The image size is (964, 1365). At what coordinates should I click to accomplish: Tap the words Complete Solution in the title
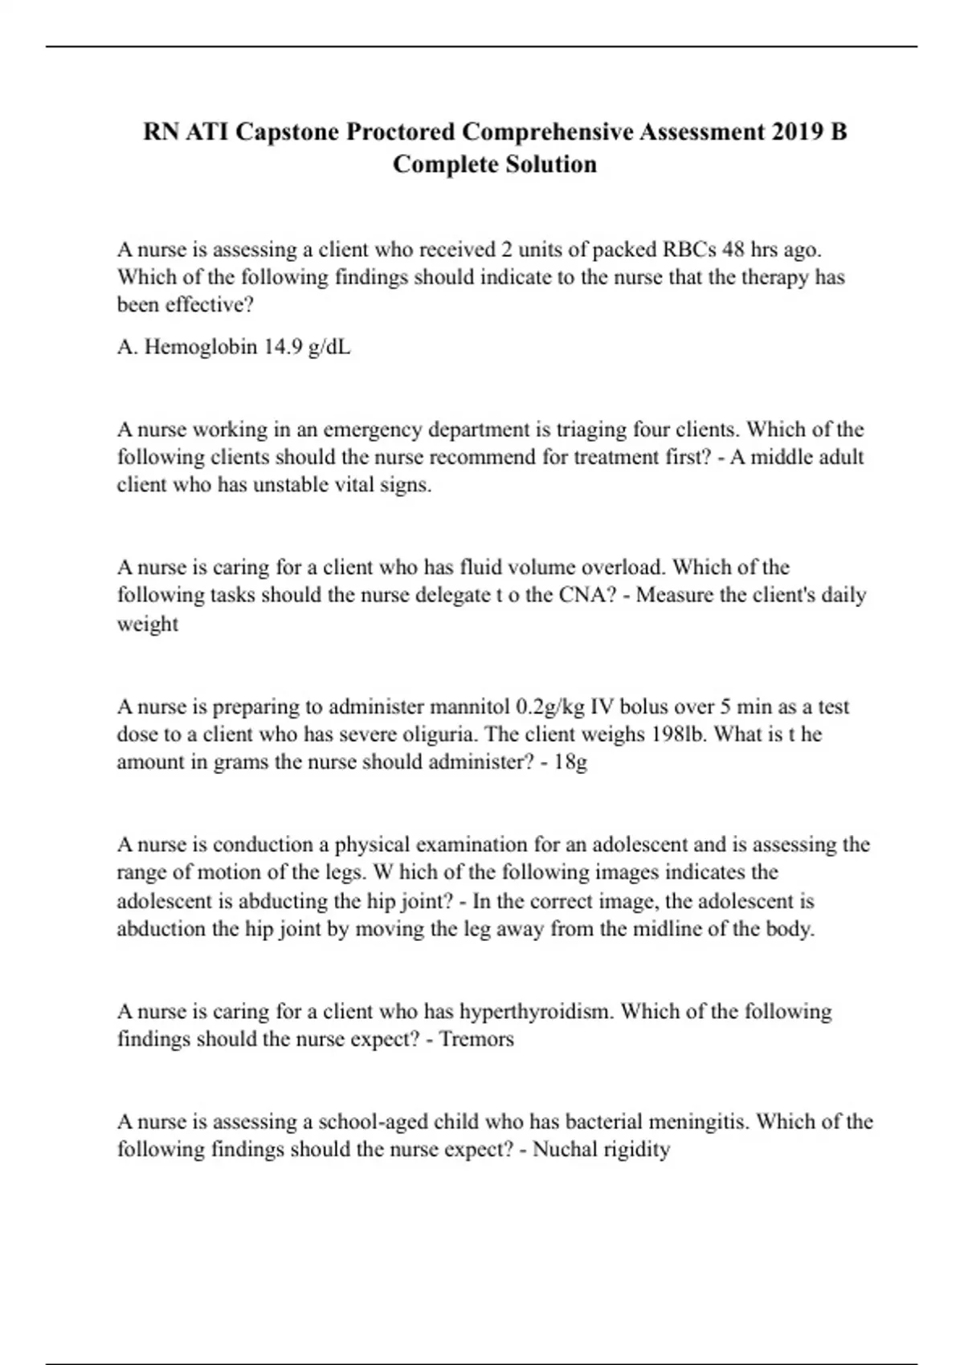(494, 164)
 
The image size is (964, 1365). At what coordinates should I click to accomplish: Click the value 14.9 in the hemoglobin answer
(282, 347)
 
